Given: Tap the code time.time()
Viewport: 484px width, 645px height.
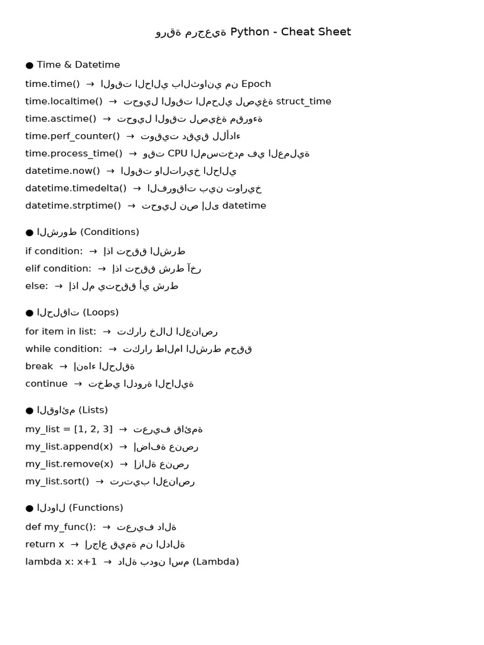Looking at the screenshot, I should pos(52,84).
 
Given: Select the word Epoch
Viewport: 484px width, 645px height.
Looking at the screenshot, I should pos(256,84).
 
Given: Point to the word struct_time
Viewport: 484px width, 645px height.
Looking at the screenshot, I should pos(304,101).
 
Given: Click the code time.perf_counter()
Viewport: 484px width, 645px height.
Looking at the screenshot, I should pos(72,136).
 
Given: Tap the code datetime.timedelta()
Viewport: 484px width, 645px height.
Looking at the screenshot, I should pos(76,188).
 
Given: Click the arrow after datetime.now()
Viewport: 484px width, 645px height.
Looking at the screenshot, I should pos(110,171).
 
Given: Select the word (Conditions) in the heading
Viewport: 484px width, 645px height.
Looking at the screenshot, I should pos(110,232).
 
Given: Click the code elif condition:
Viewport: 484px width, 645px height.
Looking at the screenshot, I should pos(58,269).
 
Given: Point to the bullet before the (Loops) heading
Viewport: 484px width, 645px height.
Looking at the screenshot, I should pos(30,313).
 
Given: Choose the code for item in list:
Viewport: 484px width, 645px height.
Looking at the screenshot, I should pos(60,331).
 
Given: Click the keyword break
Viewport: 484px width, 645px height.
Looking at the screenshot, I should pos(39,367).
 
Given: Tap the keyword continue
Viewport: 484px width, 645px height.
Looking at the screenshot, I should pos(46,384).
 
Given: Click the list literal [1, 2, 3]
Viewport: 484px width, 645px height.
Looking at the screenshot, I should pos(93,430).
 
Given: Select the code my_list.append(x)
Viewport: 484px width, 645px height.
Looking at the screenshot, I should pos(69,447).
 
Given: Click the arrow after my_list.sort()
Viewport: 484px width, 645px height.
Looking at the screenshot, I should pos(100,482).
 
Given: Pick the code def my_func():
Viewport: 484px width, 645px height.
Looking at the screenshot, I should pos(60,527).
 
